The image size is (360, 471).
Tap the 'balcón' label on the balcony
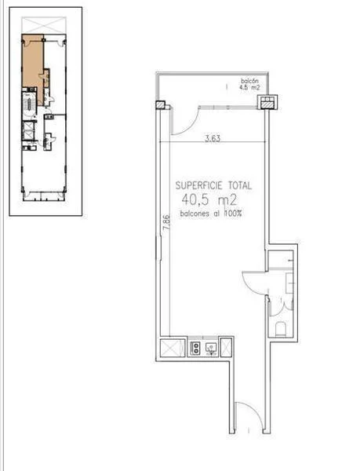[x=250, y=82]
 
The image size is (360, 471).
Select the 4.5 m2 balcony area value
[x=250, y=88]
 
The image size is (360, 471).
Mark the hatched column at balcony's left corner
[x=161, y=104]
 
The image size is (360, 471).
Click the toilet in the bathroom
[x=282, y=327]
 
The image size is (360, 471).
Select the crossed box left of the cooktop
[x=170, y=346]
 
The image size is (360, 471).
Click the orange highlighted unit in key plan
[x=31, y=63]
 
